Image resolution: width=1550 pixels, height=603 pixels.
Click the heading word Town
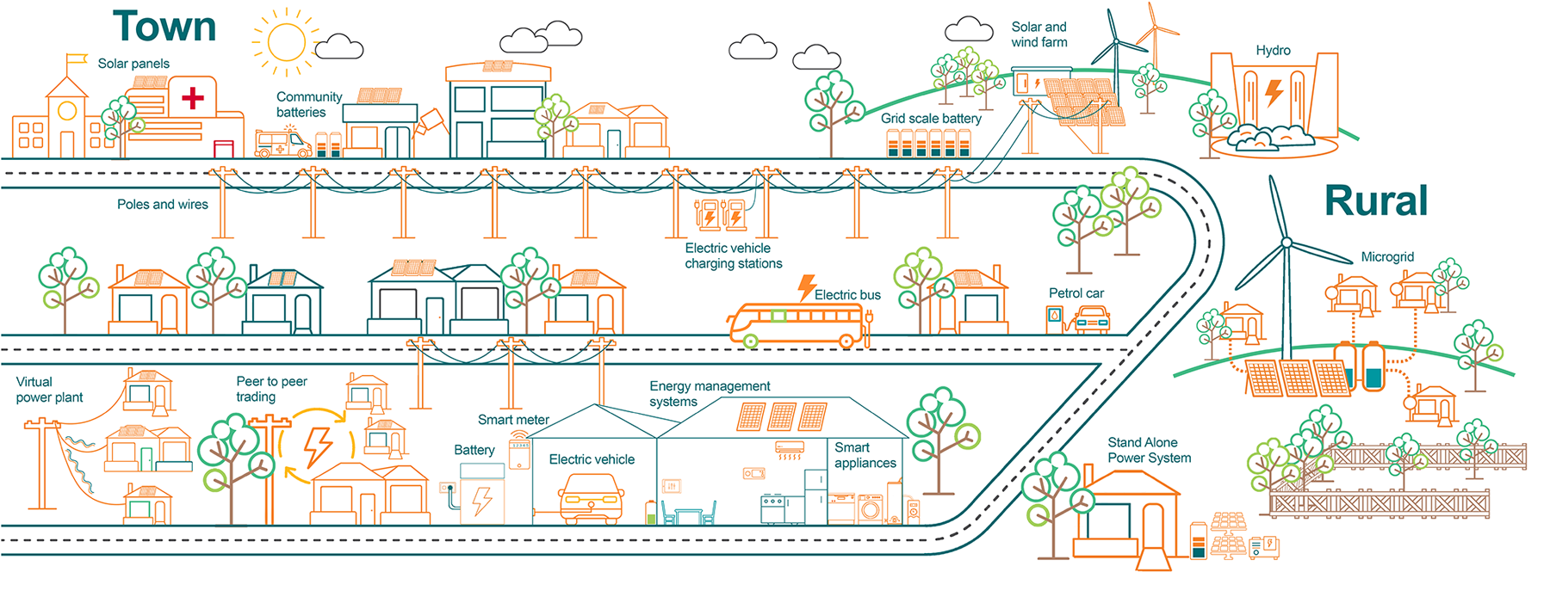(x=164, y=27)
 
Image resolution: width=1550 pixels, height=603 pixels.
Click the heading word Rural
(x=1375, y=201)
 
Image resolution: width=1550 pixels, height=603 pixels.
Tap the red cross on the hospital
(x=193, y=97)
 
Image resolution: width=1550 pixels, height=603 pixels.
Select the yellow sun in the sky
(x=286, y=41)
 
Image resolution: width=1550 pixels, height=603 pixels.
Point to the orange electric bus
(x=797, y=325)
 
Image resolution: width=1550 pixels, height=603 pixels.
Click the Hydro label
(x=1273, y=51)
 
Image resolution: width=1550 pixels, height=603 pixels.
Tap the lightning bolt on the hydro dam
(x=1274, y=91)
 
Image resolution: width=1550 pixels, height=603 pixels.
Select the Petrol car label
(x=1076, y=293)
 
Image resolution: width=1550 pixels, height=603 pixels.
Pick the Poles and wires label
(x=163, y=205)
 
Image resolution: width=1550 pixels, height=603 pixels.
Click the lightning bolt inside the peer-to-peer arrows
(x=318, y=446)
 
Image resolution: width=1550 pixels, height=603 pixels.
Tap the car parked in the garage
(x=591, y=500)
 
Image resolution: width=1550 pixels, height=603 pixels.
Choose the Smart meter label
(x=513, y=420)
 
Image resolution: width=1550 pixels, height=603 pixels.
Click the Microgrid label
(x=1387, y=257)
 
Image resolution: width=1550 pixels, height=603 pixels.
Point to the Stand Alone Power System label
(x=1149, y=450)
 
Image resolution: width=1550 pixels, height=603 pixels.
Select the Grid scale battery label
(x=931, y=119)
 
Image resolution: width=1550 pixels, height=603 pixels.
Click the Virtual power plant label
(x=49, y=390)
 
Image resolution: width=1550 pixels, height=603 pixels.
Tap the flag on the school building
(x=78, y=59)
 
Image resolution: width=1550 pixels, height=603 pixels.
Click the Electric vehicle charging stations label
(x=733, y=256)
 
